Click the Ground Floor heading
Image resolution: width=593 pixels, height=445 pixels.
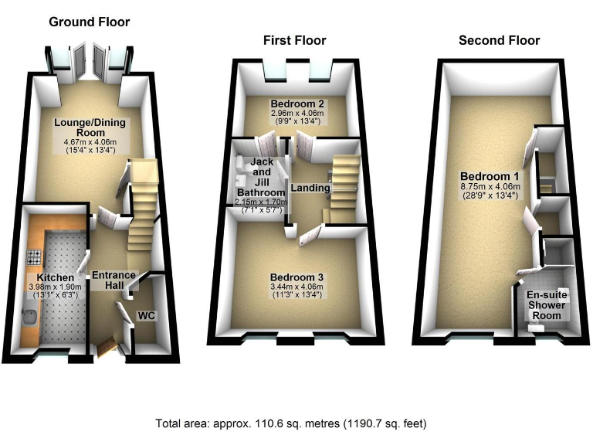coord(90,22)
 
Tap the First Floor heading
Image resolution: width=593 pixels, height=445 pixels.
coord(294,40)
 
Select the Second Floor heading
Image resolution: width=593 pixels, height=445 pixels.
coord(499,40)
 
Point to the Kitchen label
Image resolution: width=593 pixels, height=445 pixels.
coord(54,278)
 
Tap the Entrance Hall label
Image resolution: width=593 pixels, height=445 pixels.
coord(114,280)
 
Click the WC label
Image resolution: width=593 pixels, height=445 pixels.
coord(146,316)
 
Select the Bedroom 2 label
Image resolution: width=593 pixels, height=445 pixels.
coord(296,104)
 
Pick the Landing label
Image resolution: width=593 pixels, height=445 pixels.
coord(310,188)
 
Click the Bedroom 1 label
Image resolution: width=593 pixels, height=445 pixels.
coord(482,175)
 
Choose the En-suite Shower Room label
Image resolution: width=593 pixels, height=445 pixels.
coord(547,305)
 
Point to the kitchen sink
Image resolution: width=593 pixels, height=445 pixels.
coord(29,315)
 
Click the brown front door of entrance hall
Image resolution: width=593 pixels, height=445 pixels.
coord(105,349)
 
